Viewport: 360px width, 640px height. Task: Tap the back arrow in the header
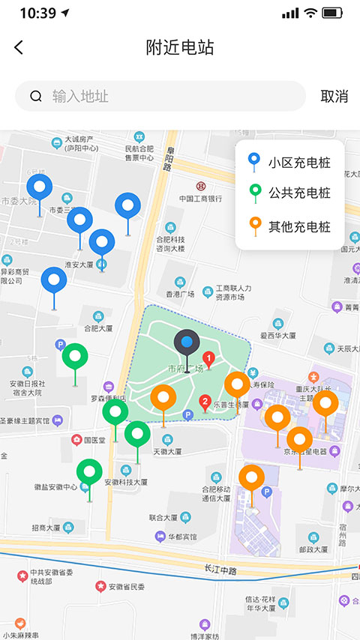point(19,47)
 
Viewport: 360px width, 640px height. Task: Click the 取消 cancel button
point(334,96)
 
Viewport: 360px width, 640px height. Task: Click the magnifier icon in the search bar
point(36,96)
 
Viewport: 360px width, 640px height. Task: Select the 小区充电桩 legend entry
point(289,162)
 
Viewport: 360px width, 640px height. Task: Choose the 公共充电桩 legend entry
point(289,193)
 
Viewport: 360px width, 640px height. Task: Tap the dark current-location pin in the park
point(187,344)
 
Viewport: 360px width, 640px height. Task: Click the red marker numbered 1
point(209,359)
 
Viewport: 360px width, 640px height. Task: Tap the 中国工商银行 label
point(200,199)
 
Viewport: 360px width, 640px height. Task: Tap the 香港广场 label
point(180,294)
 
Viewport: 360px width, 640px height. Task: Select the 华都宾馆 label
point(182,537)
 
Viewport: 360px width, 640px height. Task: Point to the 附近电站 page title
point(180,47)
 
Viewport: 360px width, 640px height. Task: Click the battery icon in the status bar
point(331,13)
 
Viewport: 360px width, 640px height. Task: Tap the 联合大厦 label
point(163,517)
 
